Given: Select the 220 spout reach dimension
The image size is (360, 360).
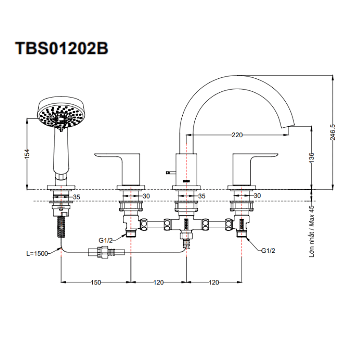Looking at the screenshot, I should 237,134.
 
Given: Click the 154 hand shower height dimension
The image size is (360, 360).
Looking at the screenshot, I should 27,153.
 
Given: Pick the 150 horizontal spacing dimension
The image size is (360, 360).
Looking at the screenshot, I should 96,283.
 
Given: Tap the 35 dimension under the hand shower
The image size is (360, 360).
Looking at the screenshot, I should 77,197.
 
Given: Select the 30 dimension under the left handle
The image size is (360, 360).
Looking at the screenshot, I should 146,196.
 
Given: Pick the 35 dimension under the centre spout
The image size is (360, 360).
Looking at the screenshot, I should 201,196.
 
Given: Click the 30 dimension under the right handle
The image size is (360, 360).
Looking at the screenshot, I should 257,196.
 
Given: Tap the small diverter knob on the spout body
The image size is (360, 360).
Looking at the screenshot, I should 169,172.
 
